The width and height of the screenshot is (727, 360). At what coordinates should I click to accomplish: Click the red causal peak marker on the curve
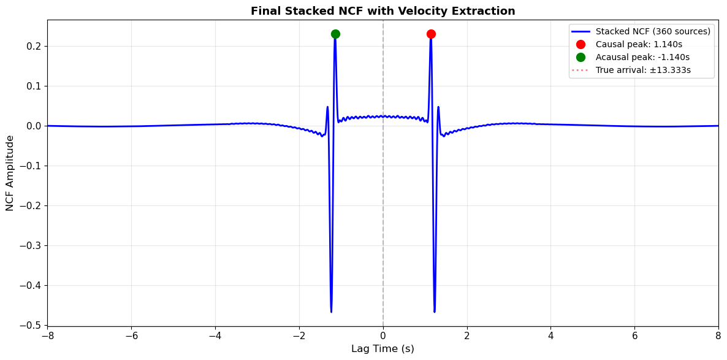click(431, 34)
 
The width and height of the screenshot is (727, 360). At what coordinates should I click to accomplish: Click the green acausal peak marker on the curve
click(335, 34)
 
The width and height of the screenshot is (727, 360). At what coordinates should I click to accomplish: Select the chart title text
click(383, 11)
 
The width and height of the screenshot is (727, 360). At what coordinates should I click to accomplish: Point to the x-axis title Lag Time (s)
click(383, 349)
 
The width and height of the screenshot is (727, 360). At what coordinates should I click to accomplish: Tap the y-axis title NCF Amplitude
click(10, 173)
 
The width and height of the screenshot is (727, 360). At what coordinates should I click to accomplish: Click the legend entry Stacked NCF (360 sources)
click(653, 32)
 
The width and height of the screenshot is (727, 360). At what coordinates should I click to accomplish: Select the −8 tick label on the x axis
click(47, 336)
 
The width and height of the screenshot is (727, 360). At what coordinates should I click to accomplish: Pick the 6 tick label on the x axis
click(634, 336)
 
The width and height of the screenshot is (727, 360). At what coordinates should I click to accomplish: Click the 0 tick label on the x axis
click(383, 336)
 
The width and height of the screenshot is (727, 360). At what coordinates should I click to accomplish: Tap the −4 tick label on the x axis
click(215, 336)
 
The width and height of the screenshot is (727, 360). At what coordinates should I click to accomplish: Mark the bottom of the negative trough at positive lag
click(435, 312)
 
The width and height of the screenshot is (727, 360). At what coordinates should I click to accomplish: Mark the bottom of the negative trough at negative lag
click(331, 312)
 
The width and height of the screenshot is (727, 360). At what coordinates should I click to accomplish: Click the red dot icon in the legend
click(580, 45)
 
